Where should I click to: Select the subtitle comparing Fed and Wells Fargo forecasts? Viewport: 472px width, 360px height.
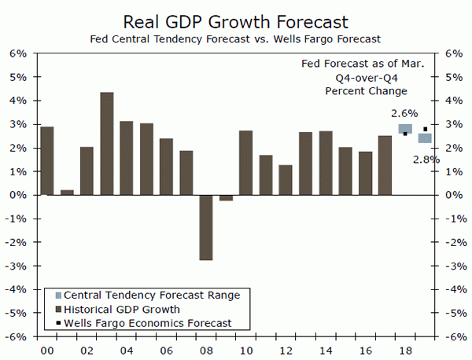(x=236, y=37)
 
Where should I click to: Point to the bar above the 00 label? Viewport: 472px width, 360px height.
(x=47, y=160)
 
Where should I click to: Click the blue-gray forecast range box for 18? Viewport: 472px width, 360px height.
(x=405, y=128)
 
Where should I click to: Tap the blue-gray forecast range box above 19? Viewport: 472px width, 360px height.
(x=425, y=138)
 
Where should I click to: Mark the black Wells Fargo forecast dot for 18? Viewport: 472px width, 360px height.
(x=405, y=134)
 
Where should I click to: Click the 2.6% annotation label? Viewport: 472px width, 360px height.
(x=404, y=113)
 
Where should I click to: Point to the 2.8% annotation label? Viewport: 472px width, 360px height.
(x=426, y=160)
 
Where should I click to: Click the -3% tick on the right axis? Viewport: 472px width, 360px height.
(x=455, y=266)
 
